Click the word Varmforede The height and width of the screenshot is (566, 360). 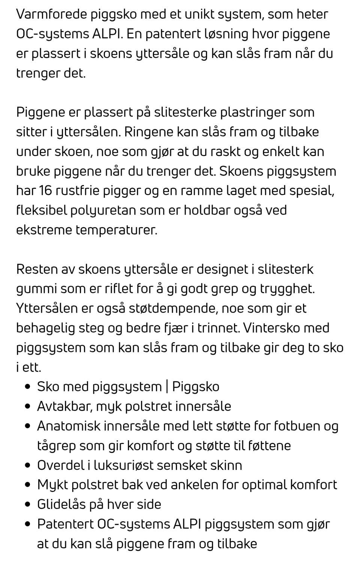[x=51, y=14]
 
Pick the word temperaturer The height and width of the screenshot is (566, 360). [x=116, y=230]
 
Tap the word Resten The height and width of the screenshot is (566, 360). [x=37, y=269]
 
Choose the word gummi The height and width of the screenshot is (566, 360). [x=36, y=289]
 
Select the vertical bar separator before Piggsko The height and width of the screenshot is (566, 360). [x=166, y=387]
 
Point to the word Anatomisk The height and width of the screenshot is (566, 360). [x=69, y=426]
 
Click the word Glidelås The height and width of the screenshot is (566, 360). [x=61, y=504]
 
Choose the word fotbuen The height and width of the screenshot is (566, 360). [x=292, y=426]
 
